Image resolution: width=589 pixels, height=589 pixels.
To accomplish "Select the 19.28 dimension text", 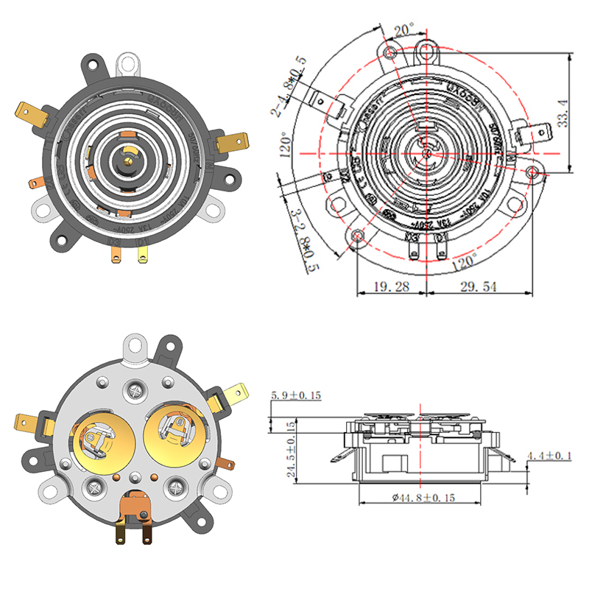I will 391,286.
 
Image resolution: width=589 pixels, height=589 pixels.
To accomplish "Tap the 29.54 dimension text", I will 479,286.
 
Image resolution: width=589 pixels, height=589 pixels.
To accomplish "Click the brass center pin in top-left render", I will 130,152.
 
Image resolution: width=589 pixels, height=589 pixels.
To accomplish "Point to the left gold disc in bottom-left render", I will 101,441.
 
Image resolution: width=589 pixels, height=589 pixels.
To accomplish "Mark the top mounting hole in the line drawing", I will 427,52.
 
